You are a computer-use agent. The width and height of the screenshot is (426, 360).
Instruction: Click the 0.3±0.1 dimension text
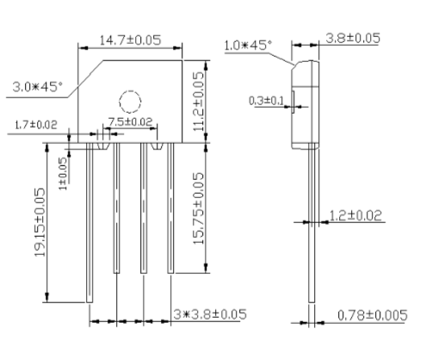coord(267,101)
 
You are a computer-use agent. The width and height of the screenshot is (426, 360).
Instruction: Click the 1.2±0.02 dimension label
coord(356,214)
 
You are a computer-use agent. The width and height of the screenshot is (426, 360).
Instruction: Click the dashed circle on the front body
coord(129,102)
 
